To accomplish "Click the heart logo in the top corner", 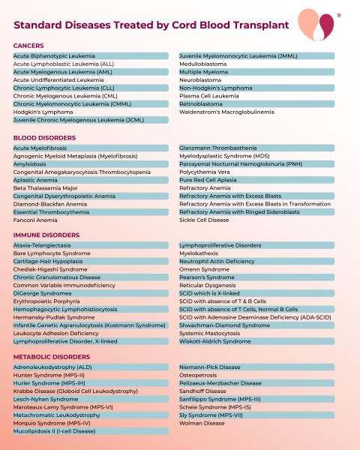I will pyautogui.click(x=316, y=25).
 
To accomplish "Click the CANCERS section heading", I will pyautogui.click(x=29, y=46).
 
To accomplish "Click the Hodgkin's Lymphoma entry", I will pyautogui.click(x=43, y=112).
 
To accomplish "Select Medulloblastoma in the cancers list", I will pyautogui.click(x=202, y=64).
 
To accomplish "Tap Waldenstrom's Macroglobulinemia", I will pyautogui.click(x=226, y=112).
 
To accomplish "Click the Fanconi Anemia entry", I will pyautogui.click(x=35, y=220).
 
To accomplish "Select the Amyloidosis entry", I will pyautogui.click(x=34, y=163).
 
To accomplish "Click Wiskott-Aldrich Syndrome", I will pyautogui.click(x=215, y=341).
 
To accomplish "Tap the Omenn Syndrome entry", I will pyautogui.click(x=205, y=269).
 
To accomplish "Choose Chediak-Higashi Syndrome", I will pyautogui.click(x=50, y=269).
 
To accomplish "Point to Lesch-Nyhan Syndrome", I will pyautogui.click(x=46, y=399).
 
